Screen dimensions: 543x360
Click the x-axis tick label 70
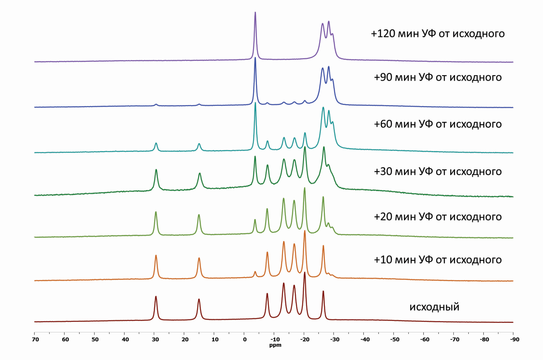point(35,340)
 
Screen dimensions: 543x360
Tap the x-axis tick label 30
point(155,340)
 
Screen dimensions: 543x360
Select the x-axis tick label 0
point(245,340)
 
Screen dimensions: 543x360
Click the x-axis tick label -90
point(514,340)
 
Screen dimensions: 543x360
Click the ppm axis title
point(275,345)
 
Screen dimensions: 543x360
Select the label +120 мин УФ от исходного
point(437,34)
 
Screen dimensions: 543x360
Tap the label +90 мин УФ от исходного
point(437,77)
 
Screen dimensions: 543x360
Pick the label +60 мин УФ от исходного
point(437,124)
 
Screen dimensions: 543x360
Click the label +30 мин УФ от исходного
point(437,171)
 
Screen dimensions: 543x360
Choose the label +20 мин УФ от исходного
point(437,217)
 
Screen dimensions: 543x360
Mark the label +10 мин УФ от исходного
point(437,260)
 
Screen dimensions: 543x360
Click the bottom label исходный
point(434,307)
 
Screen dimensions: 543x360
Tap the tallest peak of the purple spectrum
point(255,13)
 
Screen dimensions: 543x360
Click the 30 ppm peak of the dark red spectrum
point(156,297)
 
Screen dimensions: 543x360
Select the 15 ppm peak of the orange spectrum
point(199,258)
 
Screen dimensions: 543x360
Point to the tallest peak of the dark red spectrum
point(305,273)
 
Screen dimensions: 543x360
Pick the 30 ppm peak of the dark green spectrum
point(156,170)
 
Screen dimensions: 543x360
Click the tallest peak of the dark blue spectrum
point(255,58)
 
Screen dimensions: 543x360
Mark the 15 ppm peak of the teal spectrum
point(199,144)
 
